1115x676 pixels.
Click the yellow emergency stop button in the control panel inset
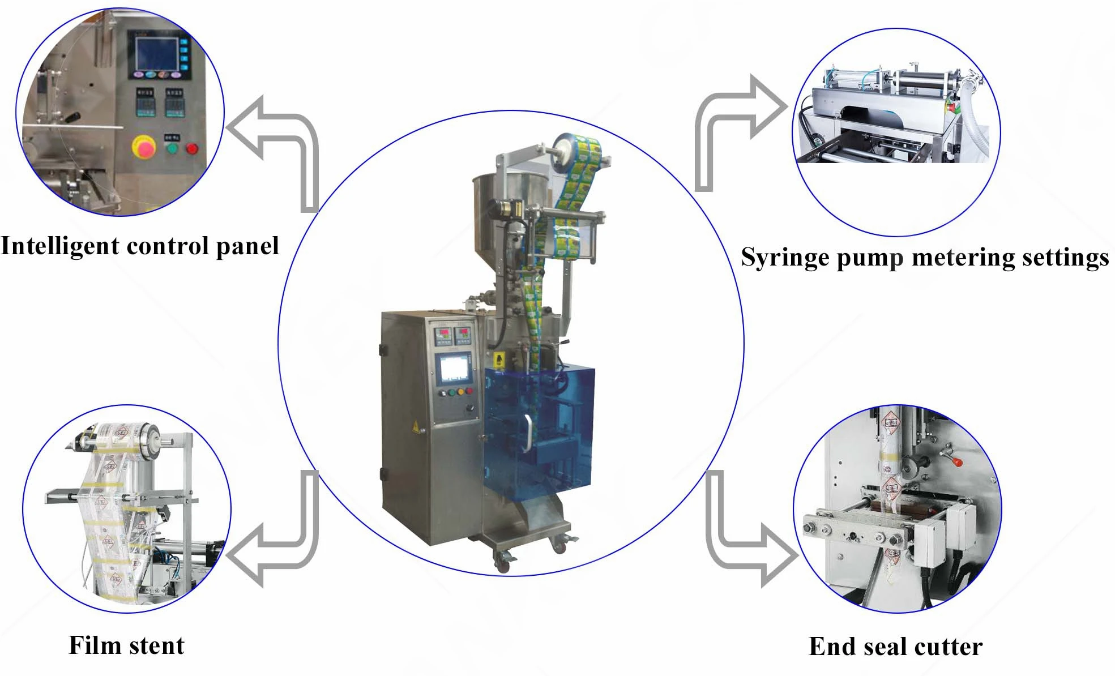coord(144,147)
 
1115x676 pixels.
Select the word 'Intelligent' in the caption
coord(60,246)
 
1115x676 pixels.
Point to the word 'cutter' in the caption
coord(949,647)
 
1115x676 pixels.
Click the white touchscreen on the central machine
coord(454,369)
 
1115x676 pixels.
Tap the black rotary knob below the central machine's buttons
coord(469,409)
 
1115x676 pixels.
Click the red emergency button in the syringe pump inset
coord(951,108)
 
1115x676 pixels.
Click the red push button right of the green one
coord(192,149)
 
